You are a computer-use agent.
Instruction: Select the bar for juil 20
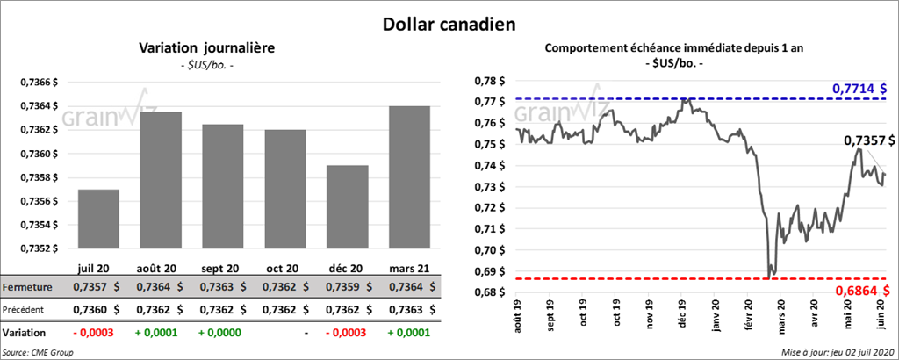[97, 219]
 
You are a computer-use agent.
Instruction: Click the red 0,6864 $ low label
[859, 290]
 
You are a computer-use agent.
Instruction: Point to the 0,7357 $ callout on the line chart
[869, 140]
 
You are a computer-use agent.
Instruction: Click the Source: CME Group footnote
[38, 352]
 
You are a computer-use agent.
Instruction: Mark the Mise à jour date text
[836, 352]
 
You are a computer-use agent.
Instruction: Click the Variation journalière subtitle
[207, 49]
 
